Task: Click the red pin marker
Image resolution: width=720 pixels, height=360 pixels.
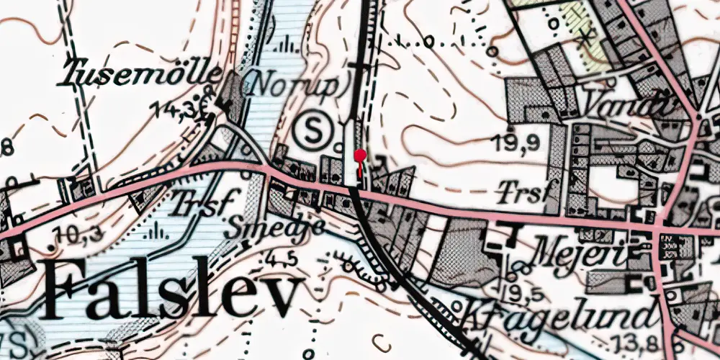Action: tap(360, 156)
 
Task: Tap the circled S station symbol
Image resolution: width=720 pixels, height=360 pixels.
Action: tap(314, 130)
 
